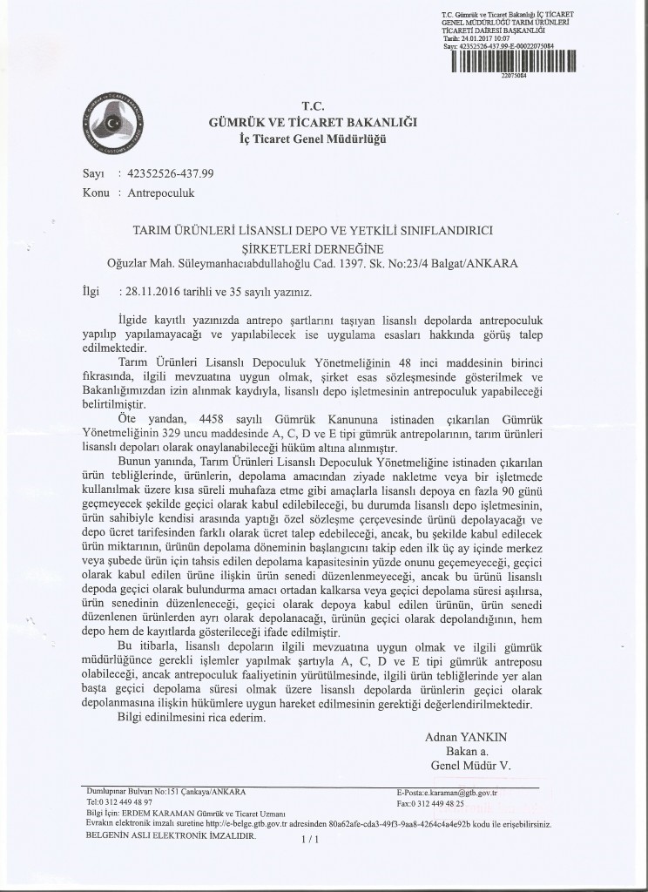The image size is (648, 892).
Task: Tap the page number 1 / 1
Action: (x=311, y=840)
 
